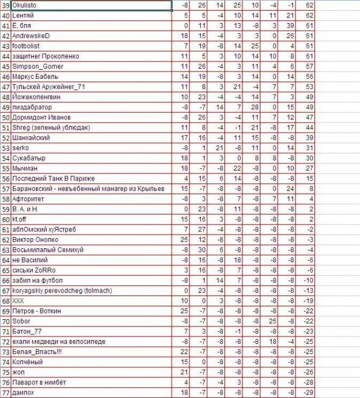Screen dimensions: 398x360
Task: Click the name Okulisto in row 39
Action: (x=25, y=6)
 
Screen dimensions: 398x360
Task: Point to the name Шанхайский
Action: (x=31, y=137)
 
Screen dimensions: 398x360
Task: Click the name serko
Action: (x=20, y=147)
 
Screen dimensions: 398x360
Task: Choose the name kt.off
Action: (x=21, y=219)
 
